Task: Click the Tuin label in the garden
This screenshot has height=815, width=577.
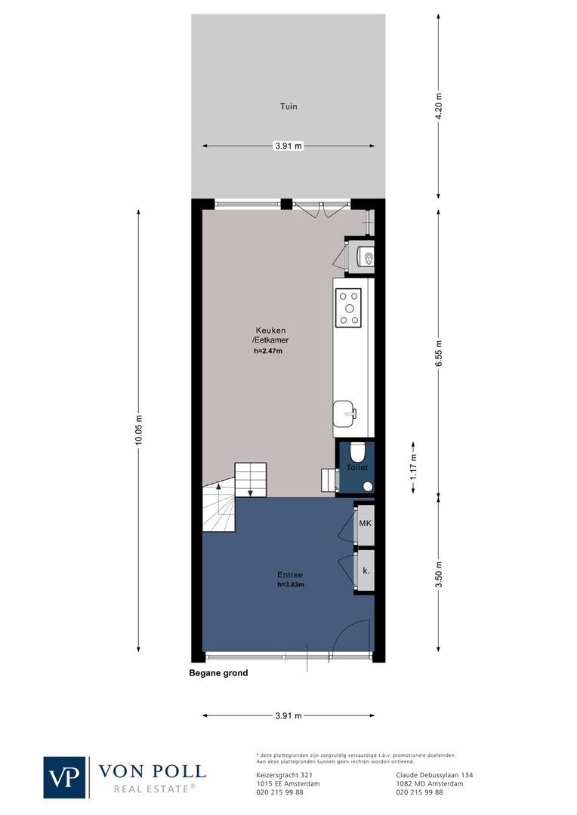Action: point(288,106)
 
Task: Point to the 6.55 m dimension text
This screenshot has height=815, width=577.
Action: point(439,352)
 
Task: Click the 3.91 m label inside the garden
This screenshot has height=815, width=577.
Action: point(288,146)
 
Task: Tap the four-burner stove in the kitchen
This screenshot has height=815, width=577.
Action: point(348,307)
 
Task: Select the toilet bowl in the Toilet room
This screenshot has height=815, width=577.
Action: point(358,452)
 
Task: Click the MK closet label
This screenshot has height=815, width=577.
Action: point(366,524)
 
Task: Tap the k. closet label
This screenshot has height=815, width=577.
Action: point(366,570)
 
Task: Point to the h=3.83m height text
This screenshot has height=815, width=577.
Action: point(291,584)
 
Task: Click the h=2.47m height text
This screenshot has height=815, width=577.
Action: point(270,350)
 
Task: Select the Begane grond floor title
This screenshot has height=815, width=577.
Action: point(218,673)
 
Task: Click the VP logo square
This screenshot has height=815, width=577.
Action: point(65,777)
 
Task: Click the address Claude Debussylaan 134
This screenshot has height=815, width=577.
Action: point(434,775)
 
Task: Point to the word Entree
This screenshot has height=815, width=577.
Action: point(290,574)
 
